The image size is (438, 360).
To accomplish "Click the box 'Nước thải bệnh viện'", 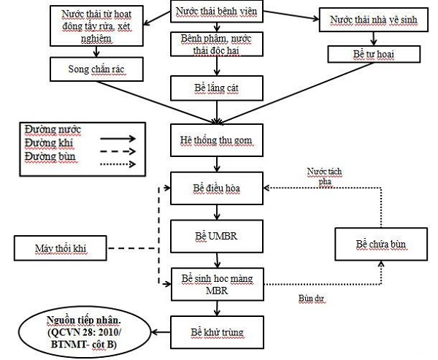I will pyautogui.click(x=217, y=13).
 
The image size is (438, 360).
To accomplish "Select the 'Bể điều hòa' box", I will pyautogui.click(x=216, y=188).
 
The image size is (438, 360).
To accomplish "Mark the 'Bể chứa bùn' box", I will pyautogui.click(x=380, y=242).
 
